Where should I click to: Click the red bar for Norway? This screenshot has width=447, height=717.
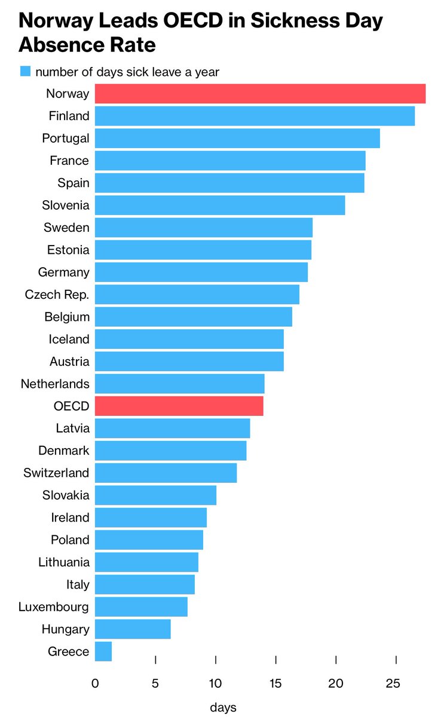click(x=260, y=94)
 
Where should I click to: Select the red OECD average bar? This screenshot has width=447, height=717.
click(x=179, y=406)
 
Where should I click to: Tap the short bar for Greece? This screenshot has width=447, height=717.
click(x=103, y=652)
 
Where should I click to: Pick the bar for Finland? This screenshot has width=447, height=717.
click(x=255, y=116)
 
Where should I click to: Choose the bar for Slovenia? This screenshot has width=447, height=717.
click(x=220, y=206)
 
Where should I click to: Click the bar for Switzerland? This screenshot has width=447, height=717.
click(x=166, y=473)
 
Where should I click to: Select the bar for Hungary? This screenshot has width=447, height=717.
click(x=133, y=629)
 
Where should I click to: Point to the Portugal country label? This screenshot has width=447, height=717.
click(x=66, y=139)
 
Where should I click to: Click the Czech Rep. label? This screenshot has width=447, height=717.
click(x=57, y=295)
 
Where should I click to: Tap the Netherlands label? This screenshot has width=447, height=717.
click(x=55, y=384)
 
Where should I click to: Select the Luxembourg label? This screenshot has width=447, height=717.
click(x=54, y=607)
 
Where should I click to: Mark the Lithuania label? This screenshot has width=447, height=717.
click(x=64, y=562)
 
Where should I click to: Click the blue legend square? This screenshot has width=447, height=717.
click(x=25, y=72)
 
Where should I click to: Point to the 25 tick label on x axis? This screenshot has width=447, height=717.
click(x=393, y=684)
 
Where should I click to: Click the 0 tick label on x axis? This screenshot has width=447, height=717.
click(x=95, y=684)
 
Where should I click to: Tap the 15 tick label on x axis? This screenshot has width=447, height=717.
click(x=275, y=684)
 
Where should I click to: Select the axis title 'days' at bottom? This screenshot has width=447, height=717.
click(x=223, y=707)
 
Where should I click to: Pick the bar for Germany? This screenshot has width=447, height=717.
click(x=201, y=272)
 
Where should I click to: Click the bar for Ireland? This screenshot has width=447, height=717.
click(x=151, y=517)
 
